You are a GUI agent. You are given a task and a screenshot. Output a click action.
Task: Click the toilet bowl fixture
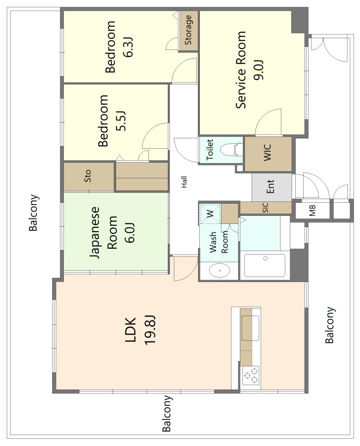tap(232, 150)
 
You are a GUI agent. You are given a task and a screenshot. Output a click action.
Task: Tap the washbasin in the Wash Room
tap(219, 270)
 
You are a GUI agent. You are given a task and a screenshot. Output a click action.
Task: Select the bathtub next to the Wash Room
tap(265, 265)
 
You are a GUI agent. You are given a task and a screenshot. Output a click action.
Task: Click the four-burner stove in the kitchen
tap(251, 375)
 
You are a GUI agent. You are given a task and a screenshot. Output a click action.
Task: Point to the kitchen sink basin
tap(250, 328)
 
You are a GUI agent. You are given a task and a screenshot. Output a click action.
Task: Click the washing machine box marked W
tap(210, 214)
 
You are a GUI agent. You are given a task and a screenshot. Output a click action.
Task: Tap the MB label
tap(312, 210)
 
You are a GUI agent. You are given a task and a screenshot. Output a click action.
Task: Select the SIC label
tap(265, 208)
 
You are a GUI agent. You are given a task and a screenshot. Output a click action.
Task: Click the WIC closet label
tap(268, 153)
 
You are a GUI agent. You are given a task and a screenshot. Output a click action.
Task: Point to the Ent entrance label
tap(270, 187)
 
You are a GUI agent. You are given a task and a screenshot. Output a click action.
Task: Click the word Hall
tap(184, 182)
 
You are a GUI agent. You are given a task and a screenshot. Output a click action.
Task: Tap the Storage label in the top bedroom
tap(188, 30)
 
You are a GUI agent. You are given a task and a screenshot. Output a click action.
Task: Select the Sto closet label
tap(88, 176)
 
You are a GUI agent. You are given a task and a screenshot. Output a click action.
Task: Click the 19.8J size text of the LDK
tap(149, 330)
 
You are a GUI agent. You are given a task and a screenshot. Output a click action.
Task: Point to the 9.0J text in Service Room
tap(259, 70)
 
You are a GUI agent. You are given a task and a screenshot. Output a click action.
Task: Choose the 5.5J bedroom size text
tap(121, 121)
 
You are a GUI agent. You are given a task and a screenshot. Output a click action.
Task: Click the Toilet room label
tap(210, 150)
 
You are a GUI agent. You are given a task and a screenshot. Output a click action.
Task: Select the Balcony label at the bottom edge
tap(167, 414)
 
